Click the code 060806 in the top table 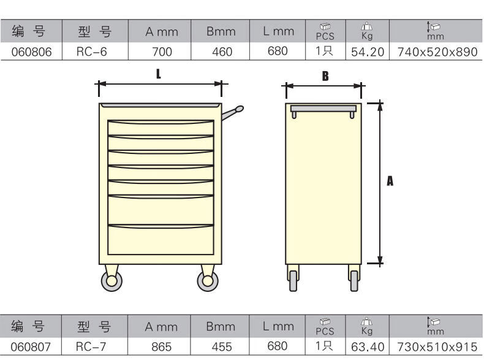click(x=31, y=52)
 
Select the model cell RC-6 click(x=92, y=52)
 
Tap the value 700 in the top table click(x=162, y=52)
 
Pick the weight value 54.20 click(x=368, y=52)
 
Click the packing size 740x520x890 click(x=437, y=52)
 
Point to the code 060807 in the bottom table click(x=31, y=347)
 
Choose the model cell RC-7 click(x=91, y=347)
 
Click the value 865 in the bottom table click(x=162, y=347)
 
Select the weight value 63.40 click(x=368, y=347)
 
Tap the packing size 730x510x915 click(x=437, y=347)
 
